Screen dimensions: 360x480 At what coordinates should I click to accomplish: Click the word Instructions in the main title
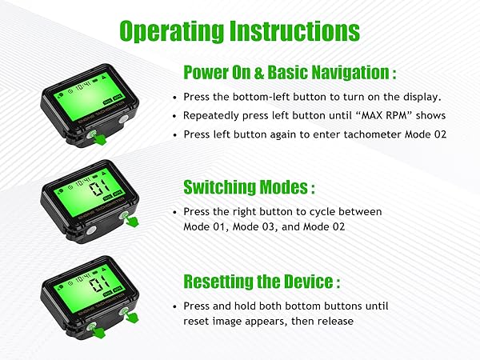pos(292,31)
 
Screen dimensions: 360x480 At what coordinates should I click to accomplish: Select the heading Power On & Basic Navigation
pos(290,73)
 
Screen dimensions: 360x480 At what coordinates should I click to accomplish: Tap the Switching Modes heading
pos(249,188)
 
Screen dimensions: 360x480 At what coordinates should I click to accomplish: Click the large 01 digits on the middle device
pos(101,190)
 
